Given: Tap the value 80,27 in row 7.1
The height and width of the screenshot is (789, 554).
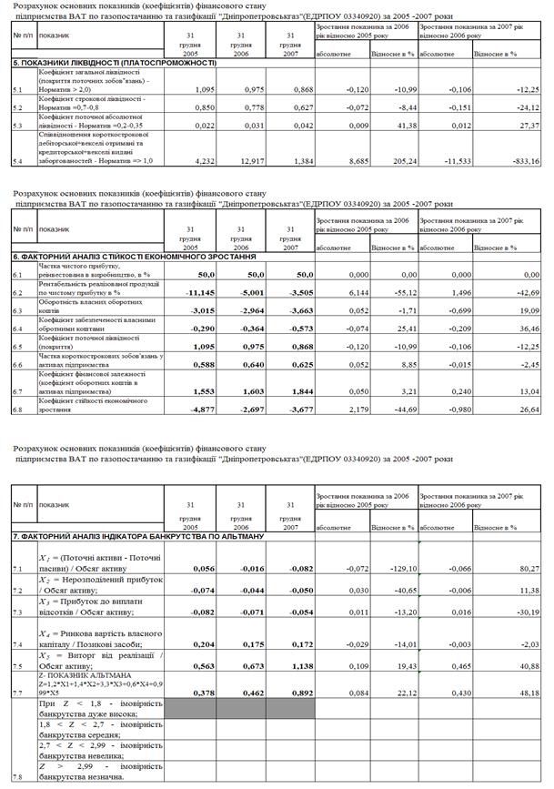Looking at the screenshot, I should [527, 569].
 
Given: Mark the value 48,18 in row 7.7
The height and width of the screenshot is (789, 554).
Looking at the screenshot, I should [527, 693].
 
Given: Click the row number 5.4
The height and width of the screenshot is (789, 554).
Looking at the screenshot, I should [17, 162].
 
